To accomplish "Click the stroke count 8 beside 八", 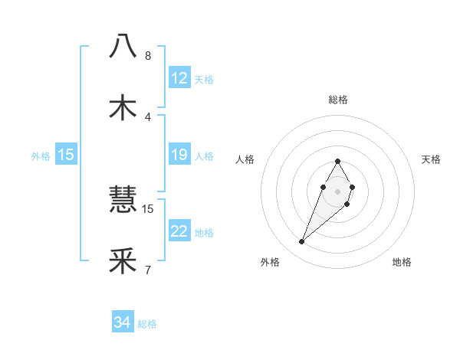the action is point(148,56).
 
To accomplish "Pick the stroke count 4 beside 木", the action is point(148,116).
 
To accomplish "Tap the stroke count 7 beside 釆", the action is point(148,270).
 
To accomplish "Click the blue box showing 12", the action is point(179,78).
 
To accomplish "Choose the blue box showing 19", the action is point(179,155).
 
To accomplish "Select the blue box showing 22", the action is point(179,232).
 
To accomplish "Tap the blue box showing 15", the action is point(66,155).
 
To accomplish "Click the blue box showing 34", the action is point(123,323).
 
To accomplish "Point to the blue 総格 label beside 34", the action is point(147,324).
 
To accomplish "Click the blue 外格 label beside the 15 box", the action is point(41,156).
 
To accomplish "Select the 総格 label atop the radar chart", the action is point(337,100).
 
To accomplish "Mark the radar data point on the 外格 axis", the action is point(302,242).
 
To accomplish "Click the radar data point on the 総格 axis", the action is point(337,161).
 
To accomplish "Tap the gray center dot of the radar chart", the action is point(337,190).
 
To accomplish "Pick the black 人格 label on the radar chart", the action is point(245,159).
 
